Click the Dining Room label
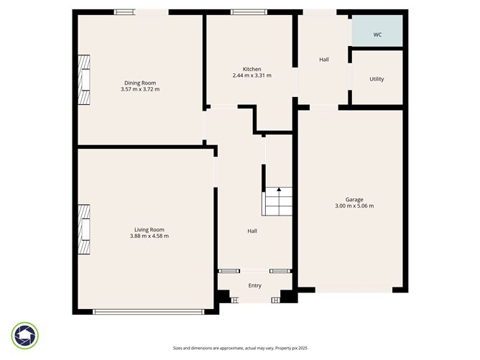coord(140,83)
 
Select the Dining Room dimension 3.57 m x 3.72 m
coord(140,90)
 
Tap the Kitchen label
coord(251,69)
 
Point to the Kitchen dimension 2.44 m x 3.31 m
coord(251,75)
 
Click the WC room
coord(377,34)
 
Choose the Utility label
coord(377,79)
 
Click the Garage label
coord(354,199)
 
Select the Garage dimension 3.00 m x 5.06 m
coord(354,206)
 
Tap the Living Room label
coord(149,229)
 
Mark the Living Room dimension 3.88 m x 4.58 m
coord(149,236)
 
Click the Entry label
coord(255,285)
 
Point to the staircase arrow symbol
coord(279,190)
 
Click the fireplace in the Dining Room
coord(85,80)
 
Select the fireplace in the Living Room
coord(85,229)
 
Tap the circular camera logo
coord(25,336)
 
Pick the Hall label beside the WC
coord(324,60)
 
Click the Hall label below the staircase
coord(252,231)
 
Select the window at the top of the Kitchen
coord(249,11)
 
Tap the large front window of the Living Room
coord(149,311)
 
